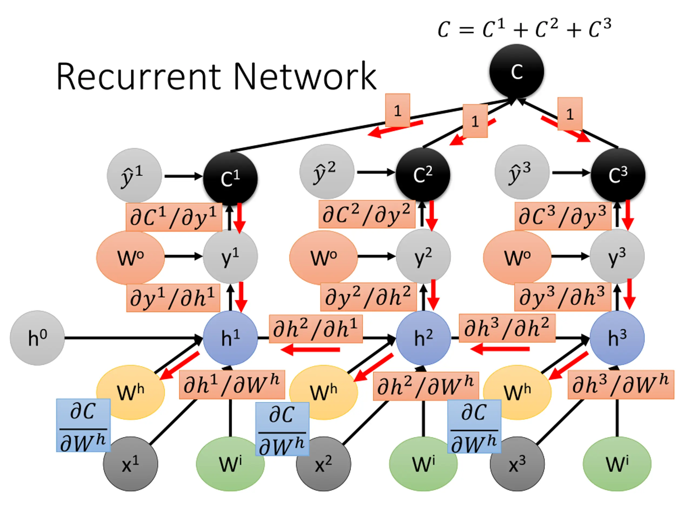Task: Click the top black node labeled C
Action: tap(517, 71)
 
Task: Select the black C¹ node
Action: tap(230, 179)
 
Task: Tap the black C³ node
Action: tap(618, 175)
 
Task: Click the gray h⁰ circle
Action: tap(37, 338)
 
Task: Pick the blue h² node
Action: tap(423, 338)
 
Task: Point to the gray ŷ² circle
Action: tap(327, 172)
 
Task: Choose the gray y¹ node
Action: tap(230, 257)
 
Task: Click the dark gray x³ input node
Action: tap(517, 464)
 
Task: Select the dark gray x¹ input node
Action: tap(131, 464)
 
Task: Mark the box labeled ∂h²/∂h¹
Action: tap(316, 329)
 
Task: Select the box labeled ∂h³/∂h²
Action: tap(507, 328)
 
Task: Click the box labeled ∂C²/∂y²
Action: tap(367, 214)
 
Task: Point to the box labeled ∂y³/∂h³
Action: tap(563, 297)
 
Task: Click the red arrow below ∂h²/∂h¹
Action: tap(310, 350)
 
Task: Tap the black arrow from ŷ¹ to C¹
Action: tap(183, 176)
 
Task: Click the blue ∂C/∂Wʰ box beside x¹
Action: tap(83, 425)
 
